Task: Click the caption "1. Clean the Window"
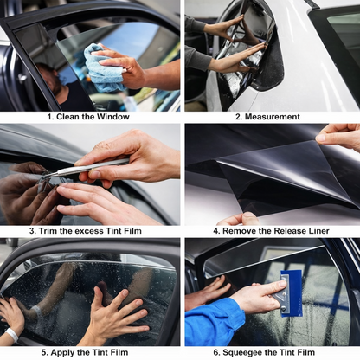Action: (88, 116)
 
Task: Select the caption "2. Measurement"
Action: (271, 116)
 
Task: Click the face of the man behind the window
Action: (51, 84)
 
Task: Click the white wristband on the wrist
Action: (11, 334)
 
